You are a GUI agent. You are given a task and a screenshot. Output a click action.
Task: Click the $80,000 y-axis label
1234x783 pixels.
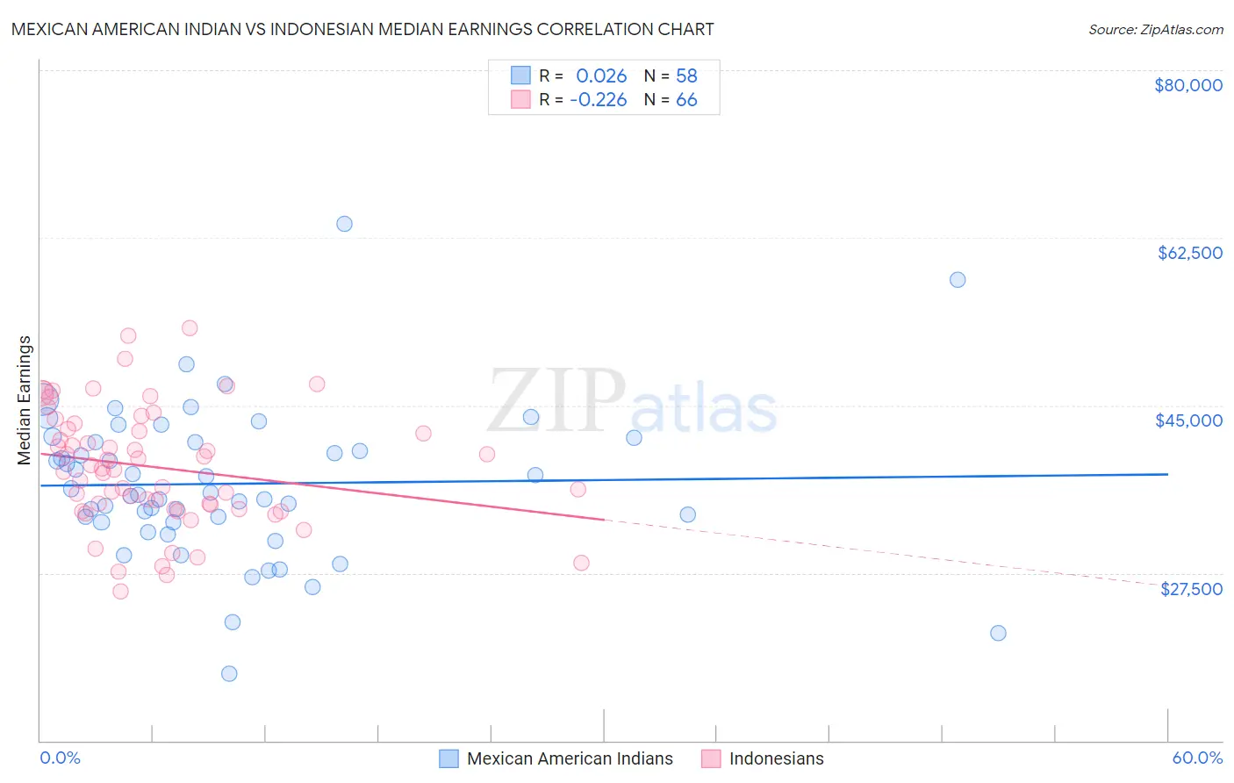(1188, 85)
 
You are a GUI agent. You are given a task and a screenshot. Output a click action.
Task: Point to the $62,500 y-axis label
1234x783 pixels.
(1189, 253)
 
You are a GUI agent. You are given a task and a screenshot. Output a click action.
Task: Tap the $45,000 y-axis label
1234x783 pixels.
(1188, 420)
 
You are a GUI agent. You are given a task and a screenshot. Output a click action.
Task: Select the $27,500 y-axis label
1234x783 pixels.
(1191, 589)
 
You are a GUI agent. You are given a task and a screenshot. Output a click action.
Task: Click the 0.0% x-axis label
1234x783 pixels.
(60, 758)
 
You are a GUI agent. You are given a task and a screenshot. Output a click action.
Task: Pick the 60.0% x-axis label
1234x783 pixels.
(1197, 758)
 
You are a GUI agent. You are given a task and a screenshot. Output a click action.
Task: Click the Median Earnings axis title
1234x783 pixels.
(25, 399)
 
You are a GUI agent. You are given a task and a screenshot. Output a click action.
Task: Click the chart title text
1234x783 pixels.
(362, 29)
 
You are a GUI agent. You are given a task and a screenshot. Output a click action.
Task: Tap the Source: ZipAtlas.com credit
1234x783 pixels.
(1155, 29)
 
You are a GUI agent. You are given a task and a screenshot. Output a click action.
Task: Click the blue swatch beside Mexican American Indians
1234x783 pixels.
(449, 758)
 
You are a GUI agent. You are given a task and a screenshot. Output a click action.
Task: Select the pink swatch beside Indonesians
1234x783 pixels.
(711, 758)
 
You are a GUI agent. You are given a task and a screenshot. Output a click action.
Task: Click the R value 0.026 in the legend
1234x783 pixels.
(601, 75)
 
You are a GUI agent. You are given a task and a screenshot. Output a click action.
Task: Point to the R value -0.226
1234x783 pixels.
(599, 100)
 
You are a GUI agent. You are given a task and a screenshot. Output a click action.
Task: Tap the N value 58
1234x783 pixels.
(686, 75)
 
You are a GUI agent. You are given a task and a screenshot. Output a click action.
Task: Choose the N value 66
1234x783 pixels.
(686, 100)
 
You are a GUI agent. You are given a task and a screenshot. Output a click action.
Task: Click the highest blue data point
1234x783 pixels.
(344, 224)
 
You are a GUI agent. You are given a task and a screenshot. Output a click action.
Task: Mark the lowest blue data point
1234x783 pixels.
(229, 673)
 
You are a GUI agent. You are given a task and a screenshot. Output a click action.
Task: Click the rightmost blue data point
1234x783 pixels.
(998, 633)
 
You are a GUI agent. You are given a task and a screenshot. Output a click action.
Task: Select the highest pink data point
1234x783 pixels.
(190, 328)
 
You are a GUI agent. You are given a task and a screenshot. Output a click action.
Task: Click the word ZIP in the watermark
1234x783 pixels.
(556, 401)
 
